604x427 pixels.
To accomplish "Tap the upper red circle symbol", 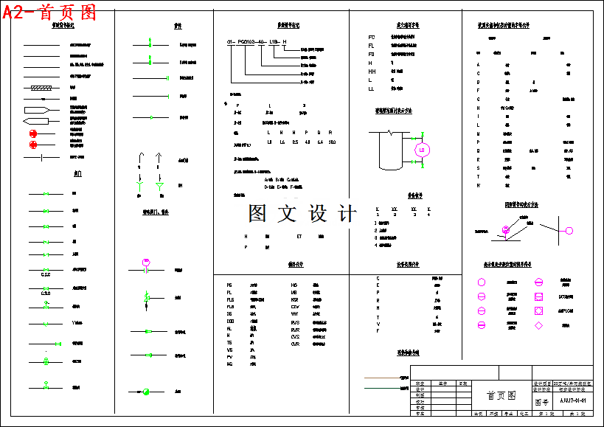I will [x=33, y=133].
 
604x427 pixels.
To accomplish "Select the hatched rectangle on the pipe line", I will [x=37, y=88].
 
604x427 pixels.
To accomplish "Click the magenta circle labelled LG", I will [x=423, y=150].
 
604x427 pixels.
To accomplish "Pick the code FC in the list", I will [x=372, y=37].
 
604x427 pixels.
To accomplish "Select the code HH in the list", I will [x=372, y=72].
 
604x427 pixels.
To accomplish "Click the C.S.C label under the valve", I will [x=45, y=275].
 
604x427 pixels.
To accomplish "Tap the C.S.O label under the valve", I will [x=45, y=293].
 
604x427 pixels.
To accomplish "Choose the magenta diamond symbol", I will [x=539, y=325].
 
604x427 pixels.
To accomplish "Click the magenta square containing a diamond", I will [x=539, y=310].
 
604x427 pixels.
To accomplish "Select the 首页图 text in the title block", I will [x=501, y=396].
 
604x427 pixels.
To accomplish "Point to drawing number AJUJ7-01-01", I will [x=572, y=400].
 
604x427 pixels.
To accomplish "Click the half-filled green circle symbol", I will [x=146, y=391].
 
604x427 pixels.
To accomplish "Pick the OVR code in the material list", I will [x=295, y=344].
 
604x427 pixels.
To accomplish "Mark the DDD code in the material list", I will [x=230, y=321].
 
